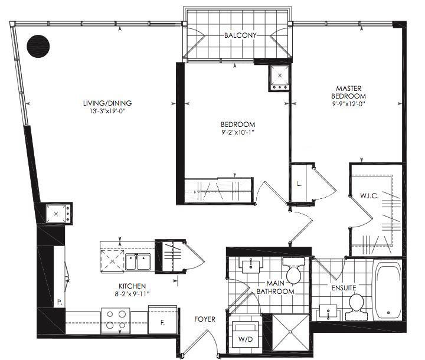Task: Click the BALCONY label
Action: [x=240, y=35]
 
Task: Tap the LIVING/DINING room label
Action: [x=107, y=103]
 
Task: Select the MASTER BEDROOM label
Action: [x=349, y=92]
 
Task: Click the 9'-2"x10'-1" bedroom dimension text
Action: [x=238, y=132]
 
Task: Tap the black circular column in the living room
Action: [x=38, y=46]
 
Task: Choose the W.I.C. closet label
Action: [x=369, y=196]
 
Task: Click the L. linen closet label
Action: [x=299, y=184]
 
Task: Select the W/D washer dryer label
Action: [x=246, y=339]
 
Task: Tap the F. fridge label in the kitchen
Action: [x=163, y=323]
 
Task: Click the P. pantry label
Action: [x=60, y=302]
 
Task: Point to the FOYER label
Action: [x=205, y=319]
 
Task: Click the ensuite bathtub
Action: [x=388, y=290]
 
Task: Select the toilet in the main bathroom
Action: [x=294, y=271]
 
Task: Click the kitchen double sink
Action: [x=138, y=261]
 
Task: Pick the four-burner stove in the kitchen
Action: [x=116, y=320]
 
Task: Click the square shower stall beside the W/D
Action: [x=290, y=332]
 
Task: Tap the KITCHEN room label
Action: [x=132, y=286]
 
